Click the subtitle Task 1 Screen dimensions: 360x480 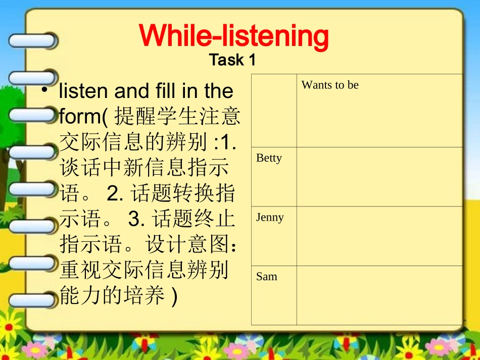tap(232, 60)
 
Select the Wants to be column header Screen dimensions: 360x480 tap(330, 85)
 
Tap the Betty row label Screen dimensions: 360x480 tap(269, 158)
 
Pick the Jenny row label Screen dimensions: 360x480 tap(270, 218)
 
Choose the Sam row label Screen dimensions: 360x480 tap(267, 277)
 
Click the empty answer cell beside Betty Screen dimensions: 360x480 tap(379, 177)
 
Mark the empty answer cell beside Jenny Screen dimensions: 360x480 tap(379, 236)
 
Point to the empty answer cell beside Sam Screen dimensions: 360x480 tap(379, 295)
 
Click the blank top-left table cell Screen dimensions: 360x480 tap(273, 111)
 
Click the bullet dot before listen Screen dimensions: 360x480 tap(45, 90)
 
